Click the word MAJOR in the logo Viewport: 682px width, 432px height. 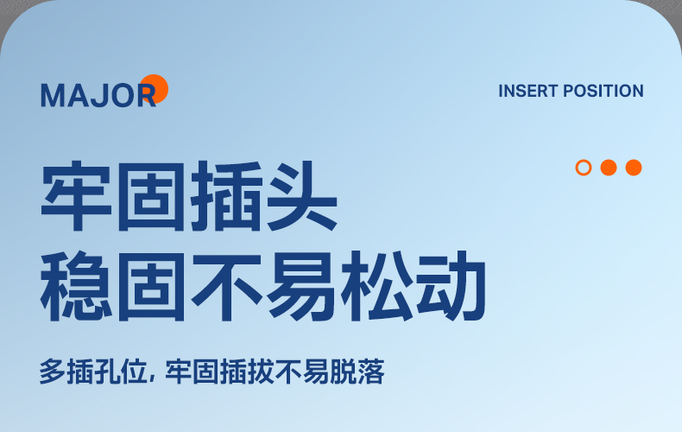coord(98,95)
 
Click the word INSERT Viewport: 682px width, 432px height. coord(528,91)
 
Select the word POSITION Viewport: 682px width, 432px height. coord(603,91)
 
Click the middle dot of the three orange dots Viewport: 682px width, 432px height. coord(609,168)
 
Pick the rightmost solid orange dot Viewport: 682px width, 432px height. coord(634,168)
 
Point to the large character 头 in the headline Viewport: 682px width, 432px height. coord(302,196)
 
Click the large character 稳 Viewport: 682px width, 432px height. coord(76,286)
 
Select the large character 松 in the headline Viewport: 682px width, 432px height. coord(377,286)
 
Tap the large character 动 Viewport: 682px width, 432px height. coord(451,286)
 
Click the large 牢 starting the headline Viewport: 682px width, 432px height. coord(76,196)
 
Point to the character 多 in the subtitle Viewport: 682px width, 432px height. coord(53,372)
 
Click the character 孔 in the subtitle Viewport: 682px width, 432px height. coord(107,372)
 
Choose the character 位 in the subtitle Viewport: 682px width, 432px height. coord(135,372)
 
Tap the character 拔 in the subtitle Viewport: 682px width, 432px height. coord(260,372)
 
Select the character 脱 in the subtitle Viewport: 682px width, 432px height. coord(344,372)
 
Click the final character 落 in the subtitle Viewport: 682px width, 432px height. coord(370,372)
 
